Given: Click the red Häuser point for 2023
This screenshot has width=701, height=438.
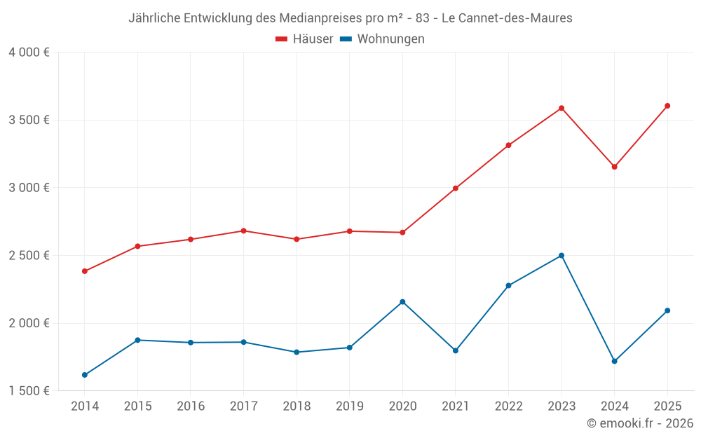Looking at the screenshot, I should (x=562, y=108).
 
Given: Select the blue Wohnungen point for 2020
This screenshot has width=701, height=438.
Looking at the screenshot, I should (x=402, y=302).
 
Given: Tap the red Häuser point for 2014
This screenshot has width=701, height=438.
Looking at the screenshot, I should (x=85, y=271).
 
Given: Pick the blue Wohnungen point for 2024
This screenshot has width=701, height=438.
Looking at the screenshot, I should (x=615, y=362).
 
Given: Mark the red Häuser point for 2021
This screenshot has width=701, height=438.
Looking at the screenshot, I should (x=456, y=189).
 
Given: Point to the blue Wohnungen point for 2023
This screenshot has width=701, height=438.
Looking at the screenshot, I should (x=562, y=256).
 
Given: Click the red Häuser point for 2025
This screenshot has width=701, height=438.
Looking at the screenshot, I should (x=667, y=106).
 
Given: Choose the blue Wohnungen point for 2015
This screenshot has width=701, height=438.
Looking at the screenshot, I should (x=137, y=340).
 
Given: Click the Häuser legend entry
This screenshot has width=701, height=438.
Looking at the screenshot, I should (x=304, y=39).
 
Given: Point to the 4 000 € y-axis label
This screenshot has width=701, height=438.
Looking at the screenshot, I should (x=29, y=53).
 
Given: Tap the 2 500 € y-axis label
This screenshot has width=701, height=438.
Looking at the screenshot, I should (x=29, y=256).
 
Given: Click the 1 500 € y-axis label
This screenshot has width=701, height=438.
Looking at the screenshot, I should (x=29, y=391).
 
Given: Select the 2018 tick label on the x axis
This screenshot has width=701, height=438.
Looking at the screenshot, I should (x=297, y=406).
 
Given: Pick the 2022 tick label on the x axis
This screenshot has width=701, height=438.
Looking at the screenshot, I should (x=508, y=406).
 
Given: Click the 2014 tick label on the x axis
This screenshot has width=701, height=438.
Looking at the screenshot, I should (x=85, y=406).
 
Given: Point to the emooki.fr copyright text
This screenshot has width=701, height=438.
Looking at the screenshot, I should (x=640, y=423).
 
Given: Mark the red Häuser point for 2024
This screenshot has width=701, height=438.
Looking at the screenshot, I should (x=615, y=167).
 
